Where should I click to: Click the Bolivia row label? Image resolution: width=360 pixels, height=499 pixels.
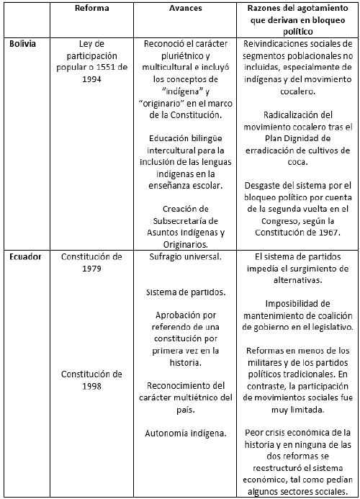tap(24, 44)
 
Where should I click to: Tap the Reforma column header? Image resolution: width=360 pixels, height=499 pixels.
tap(91, 8)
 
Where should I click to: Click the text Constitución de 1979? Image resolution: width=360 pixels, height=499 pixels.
tap(91, 262)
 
